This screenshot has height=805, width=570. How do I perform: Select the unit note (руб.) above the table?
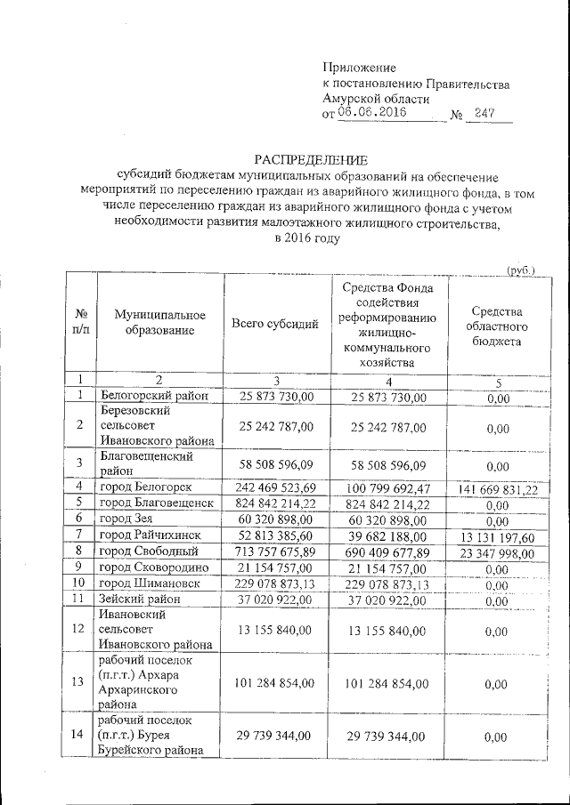tap(519, 269)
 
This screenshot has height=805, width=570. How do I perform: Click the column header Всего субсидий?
tap(275, 325)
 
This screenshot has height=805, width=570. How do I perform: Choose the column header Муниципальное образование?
tap(153, 325)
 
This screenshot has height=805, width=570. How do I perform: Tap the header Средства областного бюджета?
tap(497, 326)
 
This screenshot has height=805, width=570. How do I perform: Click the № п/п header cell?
tap(80, 325)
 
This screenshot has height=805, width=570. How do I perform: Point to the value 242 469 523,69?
tap(273, 487)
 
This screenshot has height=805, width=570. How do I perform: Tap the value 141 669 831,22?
tap(498, 487)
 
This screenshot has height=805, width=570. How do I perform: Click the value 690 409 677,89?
tap(389, 551)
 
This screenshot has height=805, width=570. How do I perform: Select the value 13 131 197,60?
tap(498, 535)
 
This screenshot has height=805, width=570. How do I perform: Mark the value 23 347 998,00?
tap(498, 551)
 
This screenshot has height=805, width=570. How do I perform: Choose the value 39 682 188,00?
tap(389, 535)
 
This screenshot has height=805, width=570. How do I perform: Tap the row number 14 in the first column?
tap(80, 736)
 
